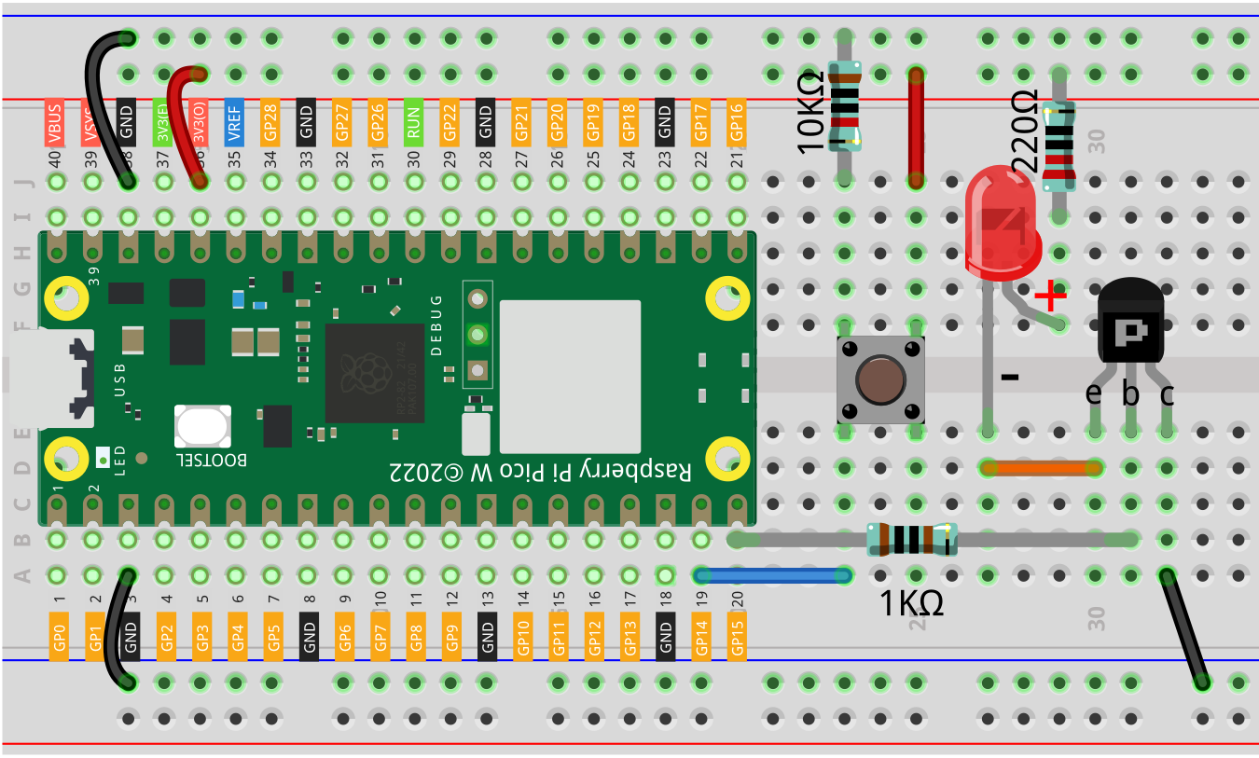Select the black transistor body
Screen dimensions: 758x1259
coord(1130,326)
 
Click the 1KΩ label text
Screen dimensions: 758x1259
coord(912,604)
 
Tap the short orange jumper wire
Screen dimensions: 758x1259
coord(1041,467)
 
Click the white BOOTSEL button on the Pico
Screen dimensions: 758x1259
coord(201,428)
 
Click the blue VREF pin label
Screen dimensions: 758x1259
coord(234,121)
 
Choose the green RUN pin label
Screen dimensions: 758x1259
coord(413,122)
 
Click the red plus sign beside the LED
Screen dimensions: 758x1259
coord(1050,297)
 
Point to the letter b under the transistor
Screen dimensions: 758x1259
coord(1130,395)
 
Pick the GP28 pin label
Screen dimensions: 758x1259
coord(270,122)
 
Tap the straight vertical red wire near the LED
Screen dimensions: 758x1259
coord(916,126)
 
